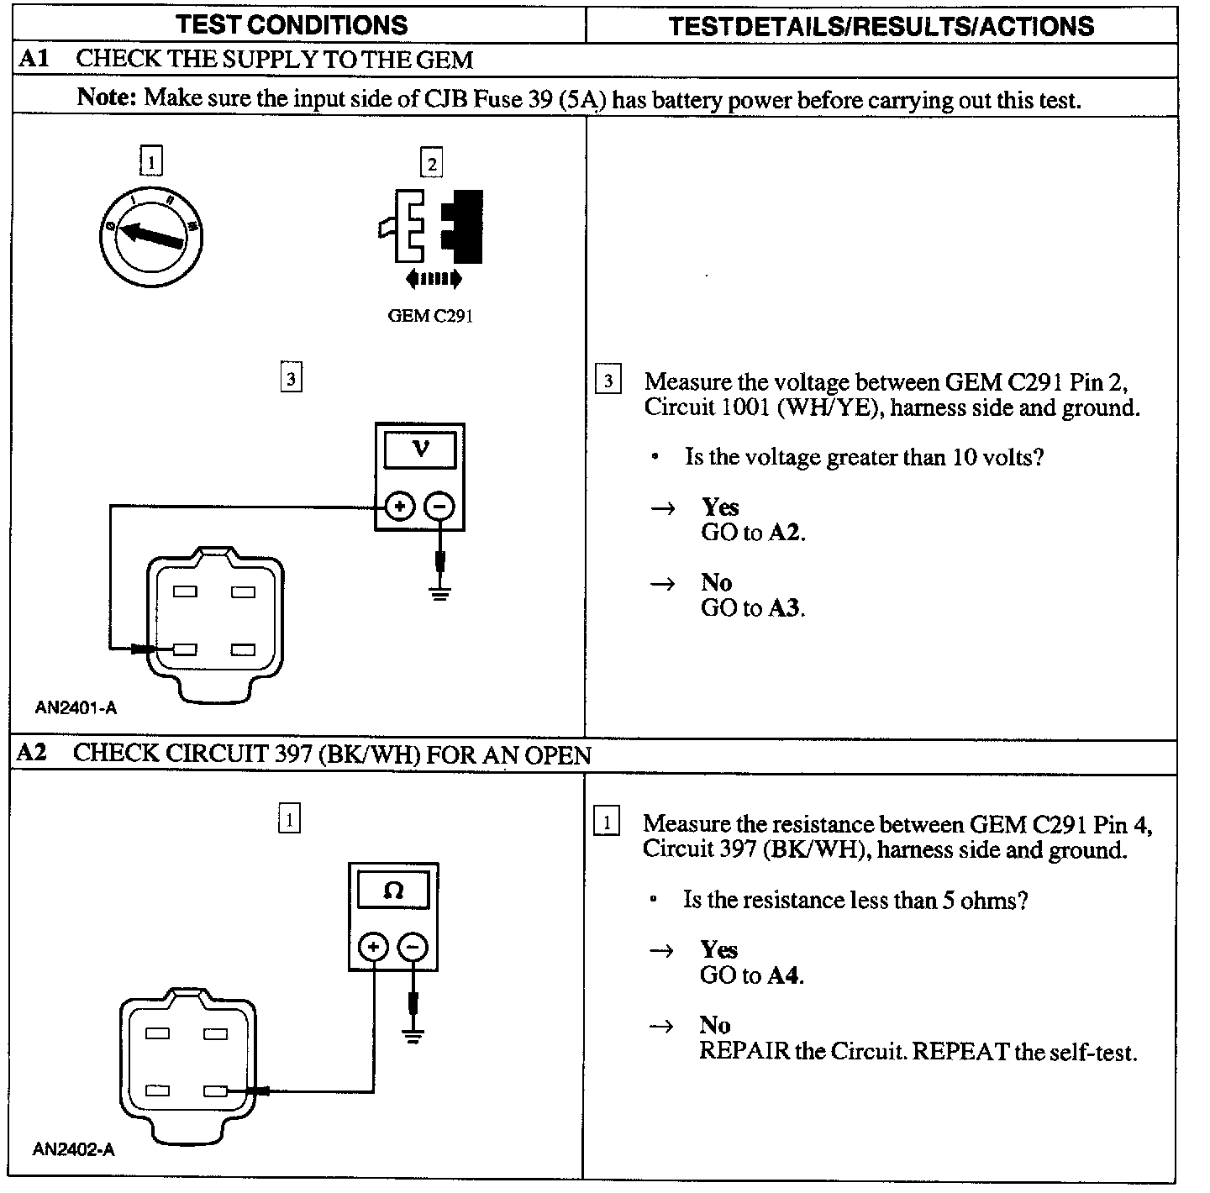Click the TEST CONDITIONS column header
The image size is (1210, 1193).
(292, 24)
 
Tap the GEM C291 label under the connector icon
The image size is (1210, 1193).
(430, 316)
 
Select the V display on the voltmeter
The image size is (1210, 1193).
(420, 450)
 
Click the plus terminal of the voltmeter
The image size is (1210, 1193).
(400, 507)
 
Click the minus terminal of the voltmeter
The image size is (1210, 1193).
(439, 507)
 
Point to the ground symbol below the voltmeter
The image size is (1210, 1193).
(439, 594)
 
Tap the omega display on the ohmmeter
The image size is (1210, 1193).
(393, 891)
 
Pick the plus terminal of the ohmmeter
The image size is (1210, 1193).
(374, 948)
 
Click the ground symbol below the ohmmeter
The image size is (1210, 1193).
(413, 1034)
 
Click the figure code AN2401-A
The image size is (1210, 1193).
(76, 707)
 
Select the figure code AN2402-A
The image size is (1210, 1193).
(73, 1149)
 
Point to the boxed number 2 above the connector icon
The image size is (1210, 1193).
(431, 163)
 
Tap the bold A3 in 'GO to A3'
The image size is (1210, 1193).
(783, 607)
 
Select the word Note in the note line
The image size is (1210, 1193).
(106, 97)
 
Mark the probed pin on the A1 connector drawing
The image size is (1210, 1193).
(185, 649)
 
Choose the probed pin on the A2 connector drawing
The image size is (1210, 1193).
(215, 1091)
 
